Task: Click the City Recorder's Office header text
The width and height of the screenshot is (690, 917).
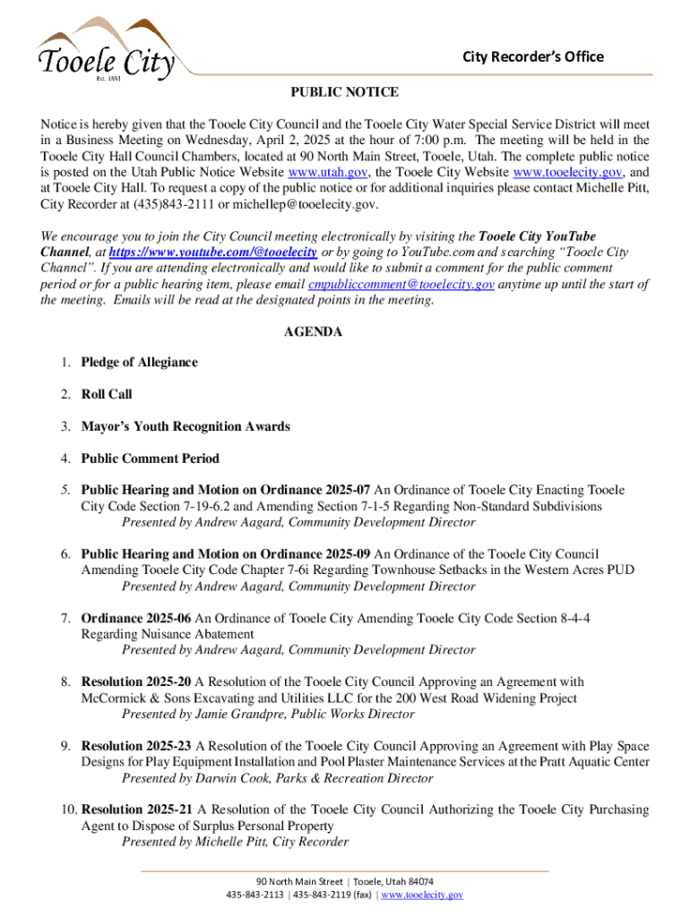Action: click(x=532, y=57)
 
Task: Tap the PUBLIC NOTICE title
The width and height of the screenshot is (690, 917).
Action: click(x=344, y=92)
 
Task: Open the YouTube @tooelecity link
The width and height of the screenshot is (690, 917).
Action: click(x=215, y=253)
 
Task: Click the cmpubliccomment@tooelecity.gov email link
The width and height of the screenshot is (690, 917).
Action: click(x=401, y=285)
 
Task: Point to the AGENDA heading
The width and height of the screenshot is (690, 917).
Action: click(x=313, y=331)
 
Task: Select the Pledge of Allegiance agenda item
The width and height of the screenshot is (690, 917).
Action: click(x=139, y=363)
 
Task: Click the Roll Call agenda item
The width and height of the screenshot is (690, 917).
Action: click(x=107, y=394)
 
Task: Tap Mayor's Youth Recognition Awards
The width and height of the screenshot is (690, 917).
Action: click(x=185, y=426)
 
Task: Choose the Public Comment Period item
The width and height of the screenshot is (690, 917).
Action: click(x=150, y=458)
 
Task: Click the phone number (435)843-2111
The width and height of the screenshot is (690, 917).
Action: click(x=164, y=204)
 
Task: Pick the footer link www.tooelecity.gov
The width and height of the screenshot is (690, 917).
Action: click(x=421, y=895)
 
